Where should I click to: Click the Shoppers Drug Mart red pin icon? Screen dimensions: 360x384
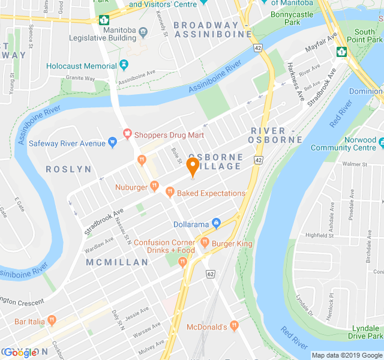tap(127, 134)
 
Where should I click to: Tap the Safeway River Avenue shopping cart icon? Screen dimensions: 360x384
tap(112, 143)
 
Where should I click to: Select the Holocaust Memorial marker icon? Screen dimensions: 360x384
tap(124, 64)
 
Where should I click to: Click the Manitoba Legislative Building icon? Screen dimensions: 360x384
tap(143, 31)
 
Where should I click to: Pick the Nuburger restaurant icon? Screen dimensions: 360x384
tap(157, 188)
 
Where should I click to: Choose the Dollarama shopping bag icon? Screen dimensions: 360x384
tap(216, 224)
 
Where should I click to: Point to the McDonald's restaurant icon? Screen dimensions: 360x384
tap(234, 326)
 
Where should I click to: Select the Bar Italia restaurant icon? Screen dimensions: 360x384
tap(52, 321)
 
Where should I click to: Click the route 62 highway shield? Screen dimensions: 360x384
tap(210, 274)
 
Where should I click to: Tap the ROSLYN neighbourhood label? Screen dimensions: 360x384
tap(69, 169)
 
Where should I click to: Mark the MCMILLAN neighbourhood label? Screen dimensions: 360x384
tap(117, 262)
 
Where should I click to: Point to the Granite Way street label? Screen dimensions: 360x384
tap(80, 78)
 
